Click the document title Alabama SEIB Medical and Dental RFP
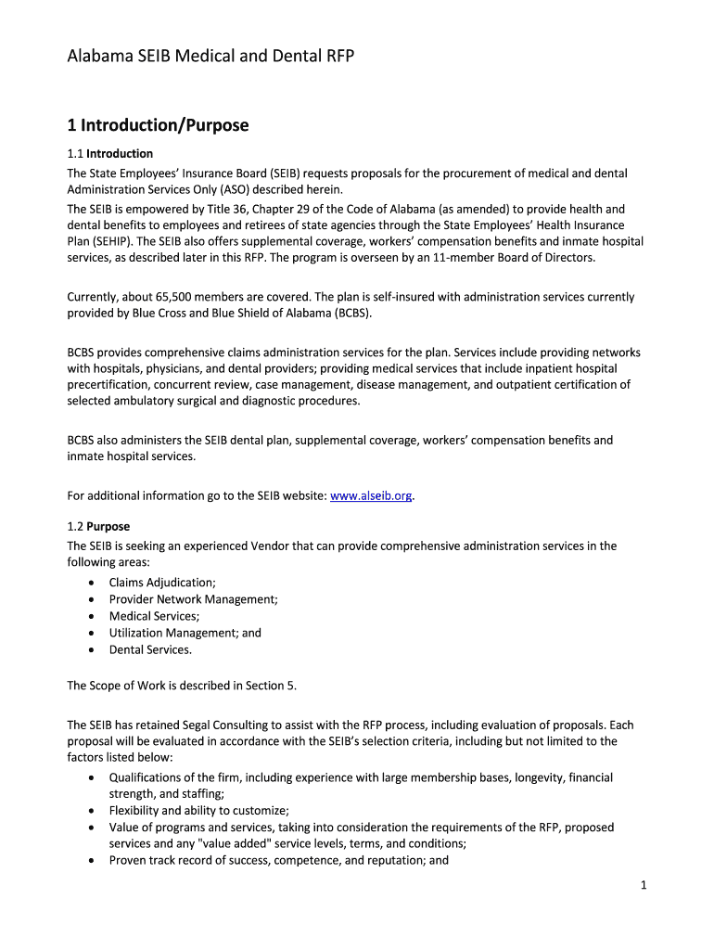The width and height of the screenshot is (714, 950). click(210, 58)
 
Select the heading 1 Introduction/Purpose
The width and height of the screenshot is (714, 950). click(158, 124)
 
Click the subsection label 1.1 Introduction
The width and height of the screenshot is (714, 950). click(109, 154)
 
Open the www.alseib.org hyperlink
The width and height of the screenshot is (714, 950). click(371, 496)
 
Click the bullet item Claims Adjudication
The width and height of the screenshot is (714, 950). click(162, 583)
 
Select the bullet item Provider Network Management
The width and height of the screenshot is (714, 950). click(193, 599)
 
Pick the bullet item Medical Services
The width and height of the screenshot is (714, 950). click(154, 616)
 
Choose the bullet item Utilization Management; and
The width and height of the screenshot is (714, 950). click(185, 633)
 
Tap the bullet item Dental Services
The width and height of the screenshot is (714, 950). click(150, 649)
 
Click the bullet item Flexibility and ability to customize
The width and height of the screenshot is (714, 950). click(199, 810)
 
